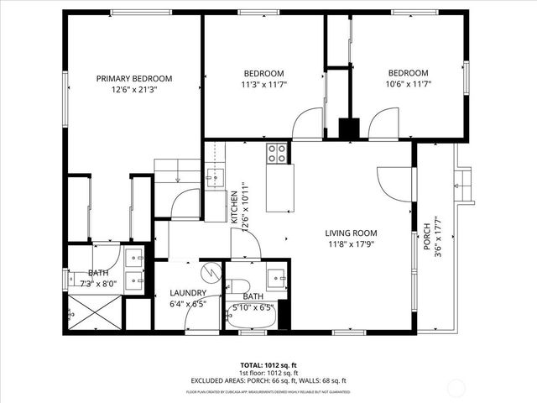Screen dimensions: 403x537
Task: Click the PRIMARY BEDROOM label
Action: [134, 78]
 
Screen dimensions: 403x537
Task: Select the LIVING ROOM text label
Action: [351, 233]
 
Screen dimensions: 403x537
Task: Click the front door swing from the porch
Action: [394, 181]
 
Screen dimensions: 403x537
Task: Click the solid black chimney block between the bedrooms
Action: [348, 129]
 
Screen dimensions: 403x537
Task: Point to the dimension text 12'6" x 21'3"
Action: [134, 90]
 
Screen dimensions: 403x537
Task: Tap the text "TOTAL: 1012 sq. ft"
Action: [268, 365]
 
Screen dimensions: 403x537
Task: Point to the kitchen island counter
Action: [280, 187]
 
